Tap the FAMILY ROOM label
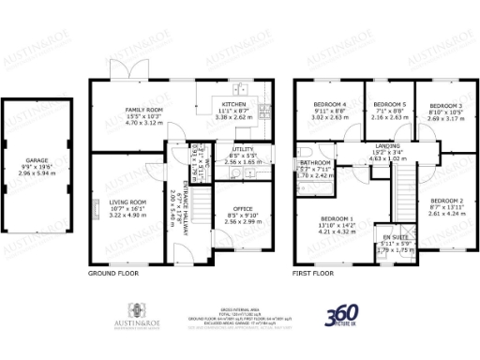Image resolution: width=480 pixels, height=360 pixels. [144, 110]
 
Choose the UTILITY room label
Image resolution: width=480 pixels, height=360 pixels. [231, 148]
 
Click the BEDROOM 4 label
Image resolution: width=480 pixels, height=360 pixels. [331, 104]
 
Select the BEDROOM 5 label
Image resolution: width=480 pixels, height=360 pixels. [388, 104]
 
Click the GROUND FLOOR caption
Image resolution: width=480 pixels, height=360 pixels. [114, 274]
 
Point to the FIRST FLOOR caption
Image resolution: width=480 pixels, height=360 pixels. [313, 274]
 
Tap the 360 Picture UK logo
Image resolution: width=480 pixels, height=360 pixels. [344, 317]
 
